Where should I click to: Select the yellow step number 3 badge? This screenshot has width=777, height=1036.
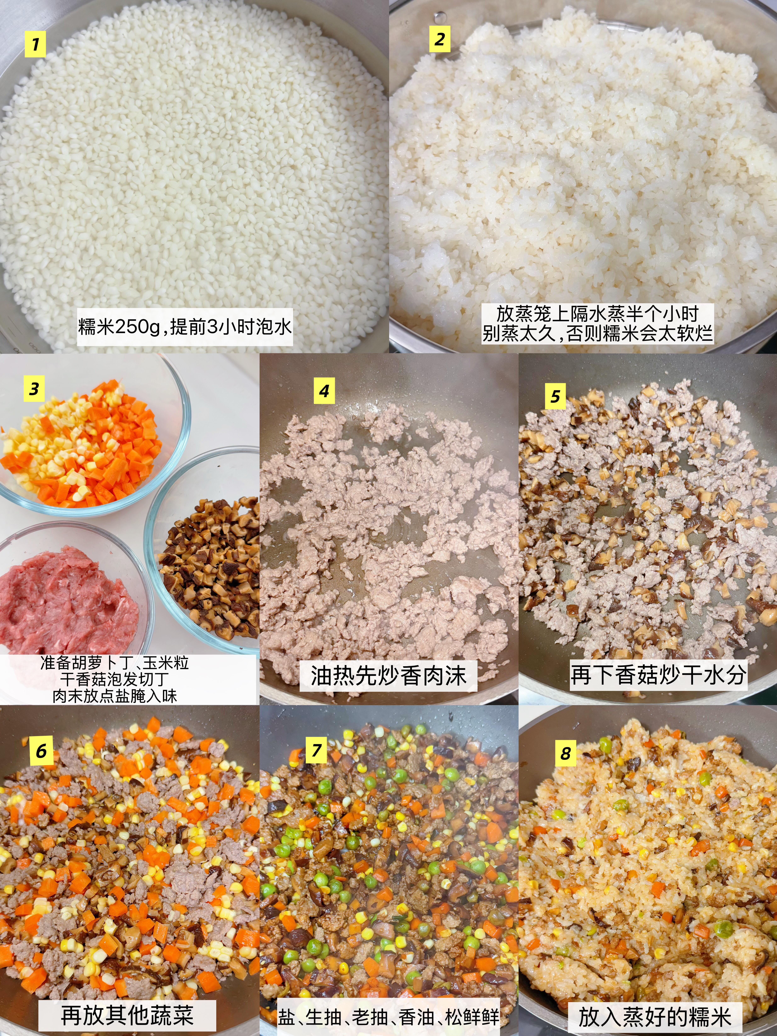coord(34,389)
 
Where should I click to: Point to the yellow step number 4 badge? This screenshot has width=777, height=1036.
coord(324,391)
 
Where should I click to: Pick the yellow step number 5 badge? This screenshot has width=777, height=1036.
coord(555,396)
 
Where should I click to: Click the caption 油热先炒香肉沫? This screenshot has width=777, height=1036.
coord(388,676)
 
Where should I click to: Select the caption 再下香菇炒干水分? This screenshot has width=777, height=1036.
coord(658,675)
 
